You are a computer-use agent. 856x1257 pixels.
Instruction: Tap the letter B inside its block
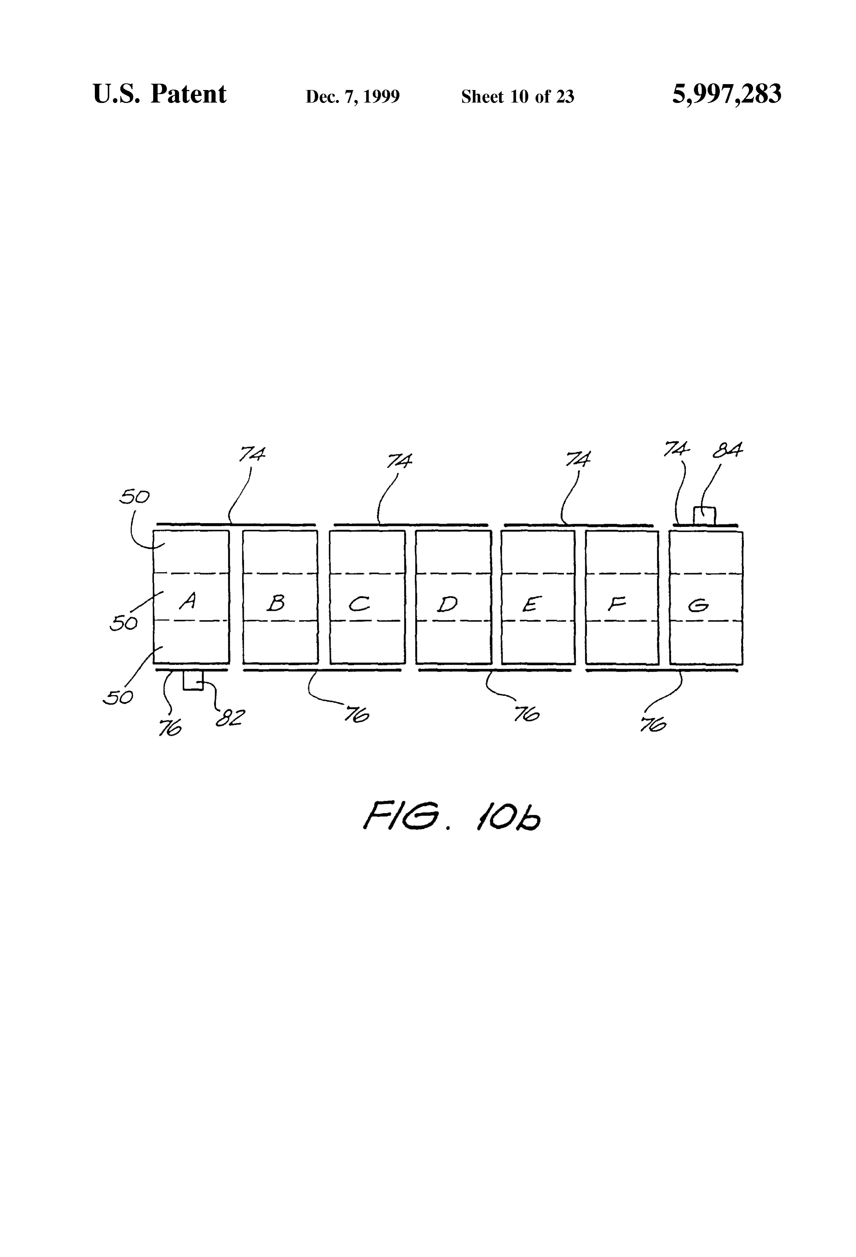click(276, 603)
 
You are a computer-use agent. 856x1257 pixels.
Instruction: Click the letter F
click(616, 603)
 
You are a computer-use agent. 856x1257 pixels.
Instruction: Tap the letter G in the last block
click(698, 606)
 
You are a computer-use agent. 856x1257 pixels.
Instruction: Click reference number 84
click(727, 450)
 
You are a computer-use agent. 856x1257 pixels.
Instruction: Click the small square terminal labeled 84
click(704, 516)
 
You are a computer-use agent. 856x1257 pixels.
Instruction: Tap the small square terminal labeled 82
click(193, 680)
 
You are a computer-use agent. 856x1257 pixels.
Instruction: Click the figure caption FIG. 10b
click(452, 816)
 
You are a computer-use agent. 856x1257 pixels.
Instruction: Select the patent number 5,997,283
click(727, 94)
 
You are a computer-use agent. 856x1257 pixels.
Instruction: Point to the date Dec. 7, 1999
click(353, 96)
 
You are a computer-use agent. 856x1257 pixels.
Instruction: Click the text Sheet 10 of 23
click(517, 96)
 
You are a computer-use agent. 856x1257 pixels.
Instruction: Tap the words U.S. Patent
click(160, 94)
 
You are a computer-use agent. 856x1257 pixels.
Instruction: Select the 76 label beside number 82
click(170, 728)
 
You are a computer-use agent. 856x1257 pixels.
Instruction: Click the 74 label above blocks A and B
click(252, 454)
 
